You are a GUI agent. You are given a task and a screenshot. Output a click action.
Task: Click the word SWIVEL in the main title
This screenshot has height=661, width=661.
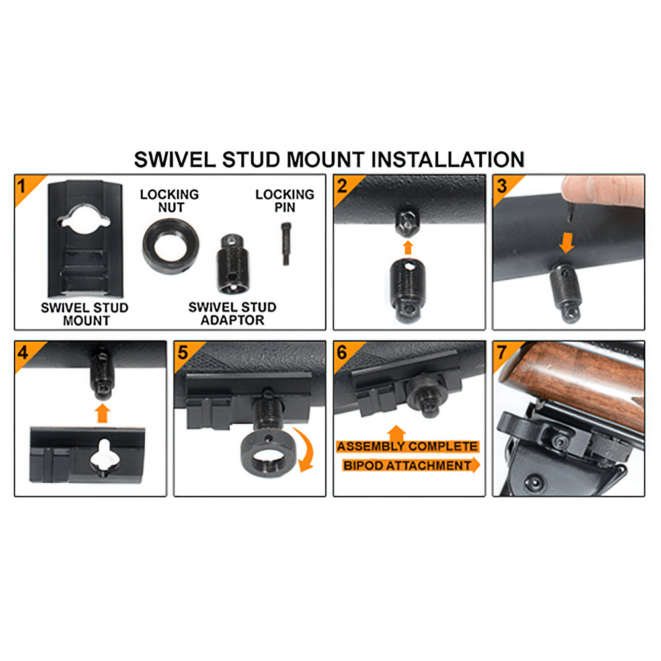[175, 160]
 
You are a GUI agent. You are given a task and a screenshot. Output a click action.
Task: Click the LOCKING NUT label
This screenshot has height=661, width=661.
[169, 201]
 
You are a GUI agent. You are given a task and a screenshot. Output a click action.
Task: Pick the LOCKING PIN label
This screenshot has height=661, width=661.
[285, 201]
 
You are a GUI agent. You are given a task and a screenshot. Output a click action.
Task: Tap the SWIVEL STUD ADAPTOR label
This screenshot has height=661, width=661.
[232, 313]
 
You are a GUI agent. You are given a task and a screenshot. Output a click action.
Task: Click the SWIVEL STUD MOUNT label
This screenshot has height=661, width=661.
[85, 314]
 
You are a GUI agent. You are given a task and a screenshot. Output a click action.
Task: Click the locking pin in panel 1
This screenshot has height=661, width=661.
[286, 244]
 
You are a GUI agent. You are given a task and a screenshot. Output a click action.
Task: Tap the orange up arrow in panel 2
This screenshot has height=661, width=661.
[408, 247]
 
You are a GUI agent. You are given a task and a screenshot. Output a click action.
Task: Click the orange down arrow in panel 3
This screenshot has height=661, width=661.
[567, 243]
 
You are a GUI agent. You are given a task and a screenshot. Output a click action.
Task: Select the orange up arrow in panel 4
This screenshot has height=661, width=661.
[102, 413]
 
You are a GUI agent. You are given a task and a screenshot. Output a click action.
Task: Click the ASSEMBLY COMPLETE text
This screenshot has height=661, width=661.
[407, 446]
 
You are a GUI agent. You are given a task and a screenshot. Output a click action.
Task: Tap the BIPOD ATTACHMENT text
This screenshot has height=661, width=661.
[407, 465]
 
